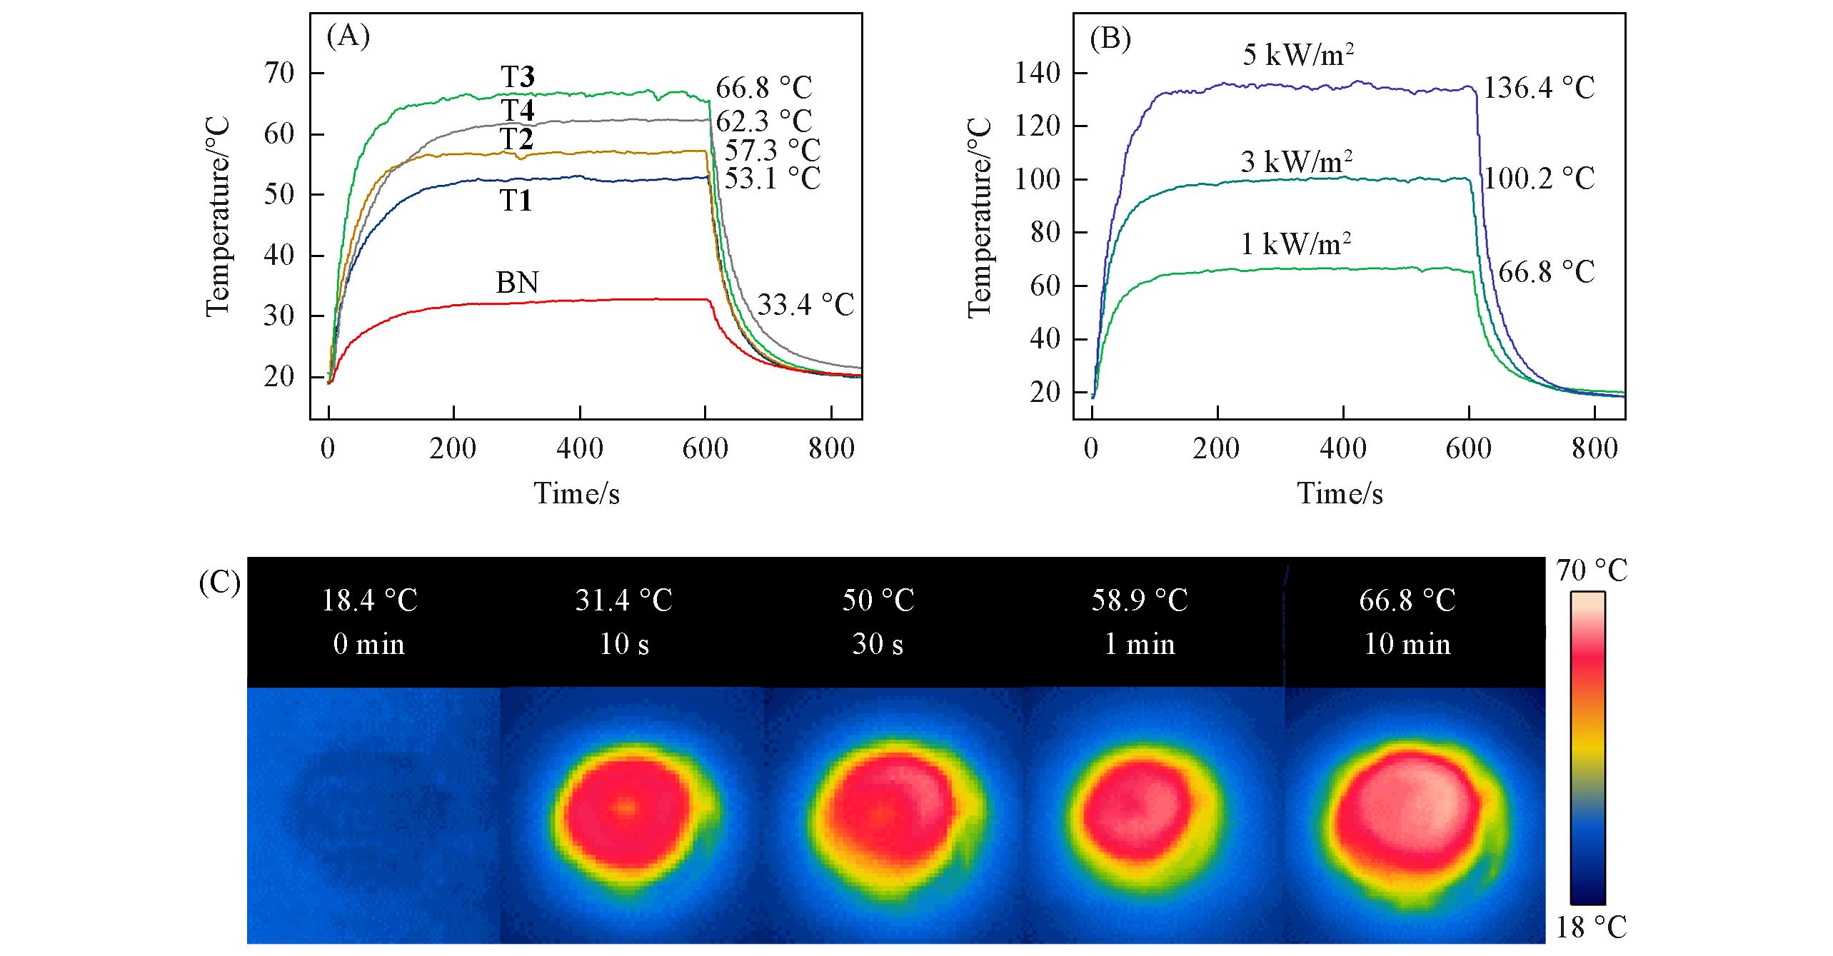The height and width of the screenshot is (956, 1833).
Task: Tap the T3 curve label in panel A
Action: point(518,77)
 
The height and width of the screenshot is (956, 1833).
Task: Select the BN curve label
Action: point(517,283)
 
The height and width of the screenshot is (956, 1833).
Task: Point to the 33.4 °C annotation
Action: point(805,306)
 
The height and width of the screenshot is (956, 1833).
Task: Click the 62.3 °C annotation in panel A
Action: point(763,121)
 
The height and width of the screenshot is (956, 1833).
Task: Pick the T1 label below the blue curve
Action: point(515,202)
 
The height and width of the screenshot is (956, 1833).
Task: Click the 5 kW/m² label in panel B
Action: point(1298,55)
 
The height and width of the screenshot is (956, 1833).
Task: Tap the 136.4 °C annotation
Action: point(1539,89)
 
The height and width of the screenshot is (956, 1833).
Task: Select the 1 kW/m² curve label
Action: point(1296,245)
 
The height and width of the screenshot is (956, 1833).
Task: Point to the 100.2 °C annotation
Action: point(1539,178)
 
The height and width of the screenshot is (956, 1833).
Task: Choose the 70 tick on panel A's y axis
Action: point(278,74)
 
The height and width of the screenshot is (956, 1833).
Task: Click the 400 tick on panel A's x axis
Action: point(579,450)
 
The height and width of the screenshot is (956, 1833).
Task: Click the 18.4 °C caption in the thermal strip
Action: point(369,600)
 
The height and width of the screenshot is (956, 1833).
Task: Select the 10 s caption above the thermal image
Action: point(624,645)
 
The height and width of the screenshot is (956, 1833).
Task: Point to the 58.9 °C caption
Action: point(1140,600)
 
